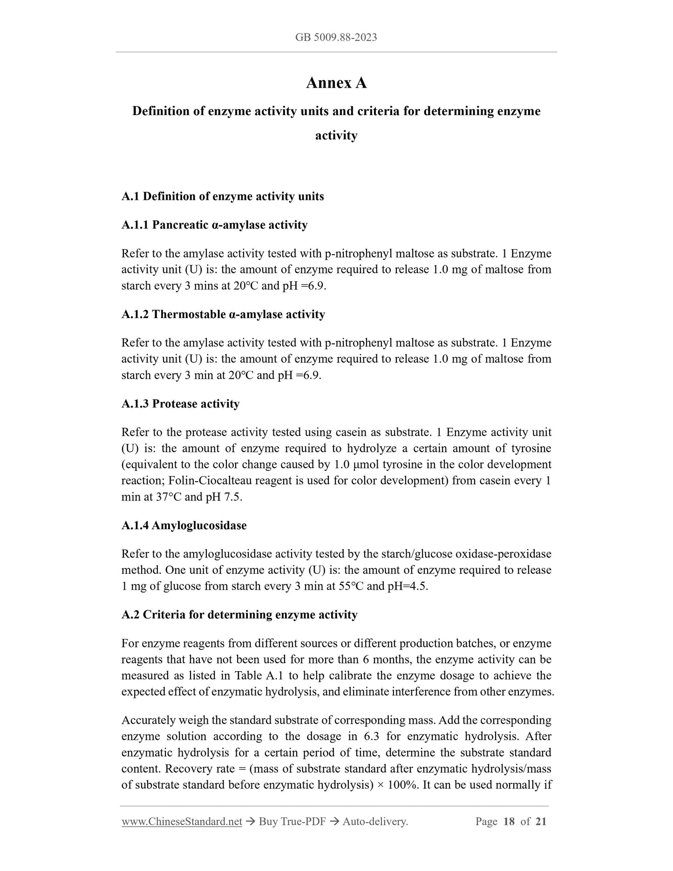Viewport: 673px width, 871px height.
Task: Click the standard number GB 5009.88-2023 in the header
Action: pos(336,37)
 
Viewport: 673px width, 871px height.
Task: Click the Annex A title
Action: pos(336,83)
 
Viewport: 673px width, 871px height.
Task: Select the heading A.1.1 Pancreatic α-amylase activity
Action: pos(214,225)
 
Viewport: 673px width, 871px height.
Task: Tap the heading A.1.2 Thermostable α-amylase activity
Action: pos(223,314)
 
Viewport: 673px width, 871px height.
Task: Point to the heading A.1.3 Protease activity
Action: pos(180,404)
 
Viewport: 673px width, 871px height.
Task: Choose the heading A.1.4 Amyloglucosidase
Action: pos(184,525)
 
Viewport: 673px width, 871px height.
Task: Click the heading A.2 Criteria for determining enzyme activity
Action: pos(239,615)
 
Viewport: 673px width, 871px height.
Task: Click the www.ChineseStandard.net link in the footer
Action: pos(182,822)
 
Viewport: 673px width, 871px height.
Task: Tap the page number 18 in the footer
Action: pos(509,822)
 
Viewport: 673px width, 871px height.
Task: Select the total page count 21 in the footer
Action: pos(541,822)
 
